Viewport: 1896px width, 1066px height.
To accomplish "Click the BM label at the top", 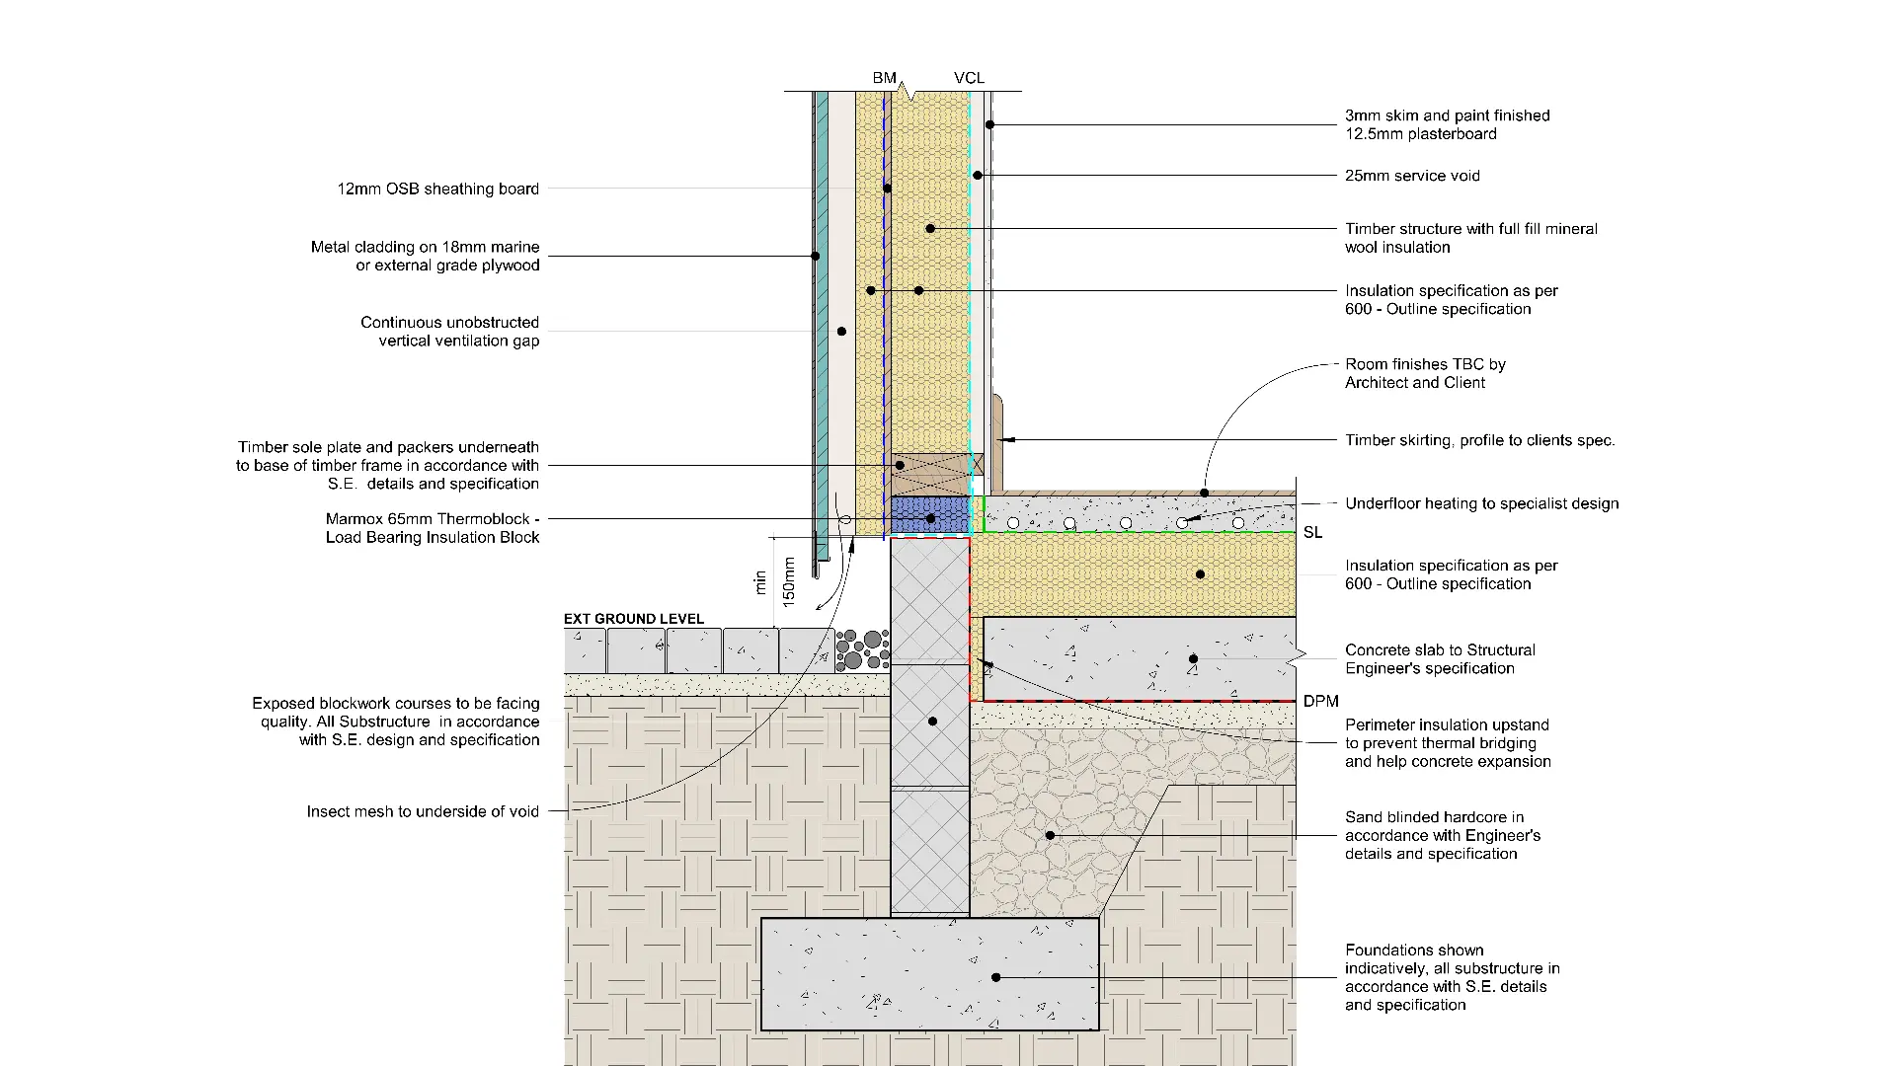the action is tap(884, 78).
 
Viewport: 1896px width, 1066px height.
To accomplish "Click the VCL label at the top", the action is tap(969, 78).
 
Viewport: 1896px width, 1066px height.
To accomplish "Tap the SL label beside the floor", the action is tap(1312, 533).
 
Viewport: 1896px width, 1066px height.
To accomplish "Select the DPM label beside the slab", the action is tap(1320, 702).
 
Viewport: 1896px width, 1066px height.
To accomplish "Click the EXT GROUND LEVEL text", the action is tap(634, 619).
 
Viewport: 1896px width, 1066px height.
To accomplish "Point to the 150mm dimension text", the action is tap(789, 580).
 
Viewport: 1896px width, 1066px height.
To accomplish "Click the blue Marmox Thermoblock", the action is tap(930, 515).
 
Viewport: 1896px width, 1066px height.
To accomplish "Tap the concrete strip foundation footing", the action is tap(929, 974).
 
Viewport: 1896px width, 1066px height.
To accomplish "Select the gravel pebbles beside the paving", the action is tap(862, 651).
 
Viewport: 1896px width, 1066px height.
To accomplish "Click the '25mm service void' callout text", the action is tap(1412, 176).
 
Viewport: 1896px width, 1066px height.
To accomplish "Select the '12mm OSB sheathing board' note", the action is tap(438, 189).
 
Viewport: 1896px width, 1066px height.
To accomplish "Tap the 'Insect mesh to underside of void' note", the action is tap(423, 811).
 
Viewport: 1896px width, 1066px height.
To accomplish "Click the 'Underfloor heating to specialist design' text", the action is tap(1482, 503).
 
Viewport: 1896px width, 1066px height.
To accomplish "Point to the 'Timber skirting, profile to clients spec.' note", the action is tap(1480, 440).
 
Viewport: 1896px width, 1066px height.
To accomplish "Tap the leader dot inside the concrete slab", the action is tap(1193, 658).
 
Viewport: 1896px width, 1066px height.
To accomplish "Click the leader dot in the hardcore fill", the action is tap(1050, 835).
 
